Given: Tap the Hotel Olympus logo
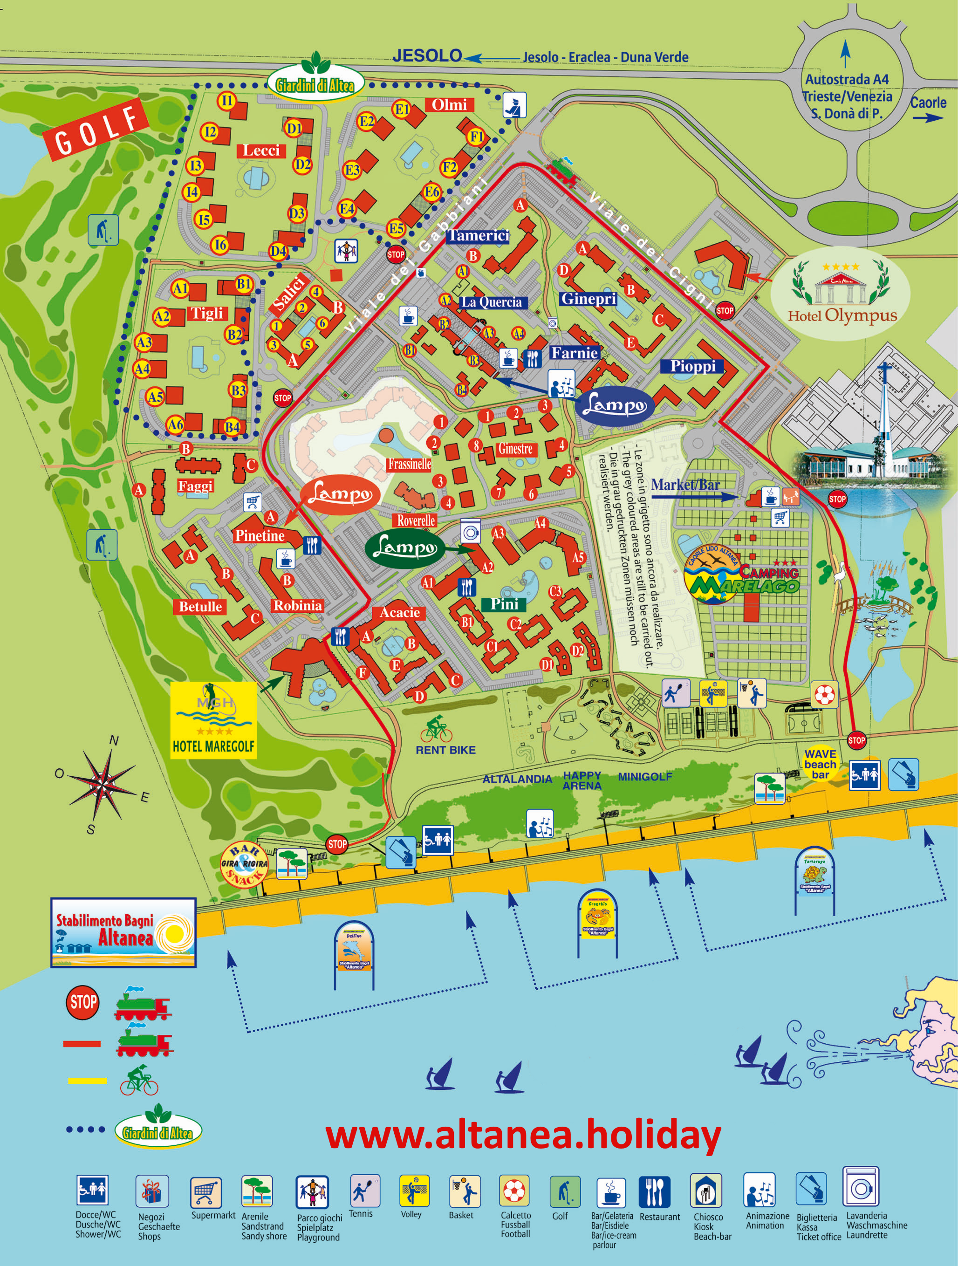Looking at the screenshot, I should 840,293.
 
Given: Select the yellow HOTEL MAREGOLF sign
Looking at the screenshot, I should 213,720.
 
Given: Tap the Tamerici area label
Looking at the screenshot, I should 478,235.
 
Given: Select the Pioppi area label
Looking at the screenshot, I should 692,366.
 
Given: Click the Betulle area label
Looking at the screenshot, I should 200,607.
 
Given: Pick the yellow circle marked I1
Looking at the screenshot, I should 227,101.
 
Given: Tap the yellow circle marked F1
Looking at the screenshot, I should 476,136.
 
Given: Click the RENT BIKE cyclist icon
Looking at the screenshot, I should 437,729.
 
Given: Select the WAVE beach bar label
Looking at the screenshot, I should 820,764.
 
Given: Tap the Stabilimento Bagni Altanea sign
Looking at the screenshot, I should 123,932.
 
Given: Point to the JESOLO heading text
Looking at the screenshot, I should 427,55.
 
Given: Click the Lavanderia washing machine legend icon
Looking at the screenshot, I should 861,1186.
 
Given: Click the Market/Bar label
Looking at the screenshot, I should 685,485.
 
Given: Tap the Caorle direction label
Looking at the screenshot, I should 928,103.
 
